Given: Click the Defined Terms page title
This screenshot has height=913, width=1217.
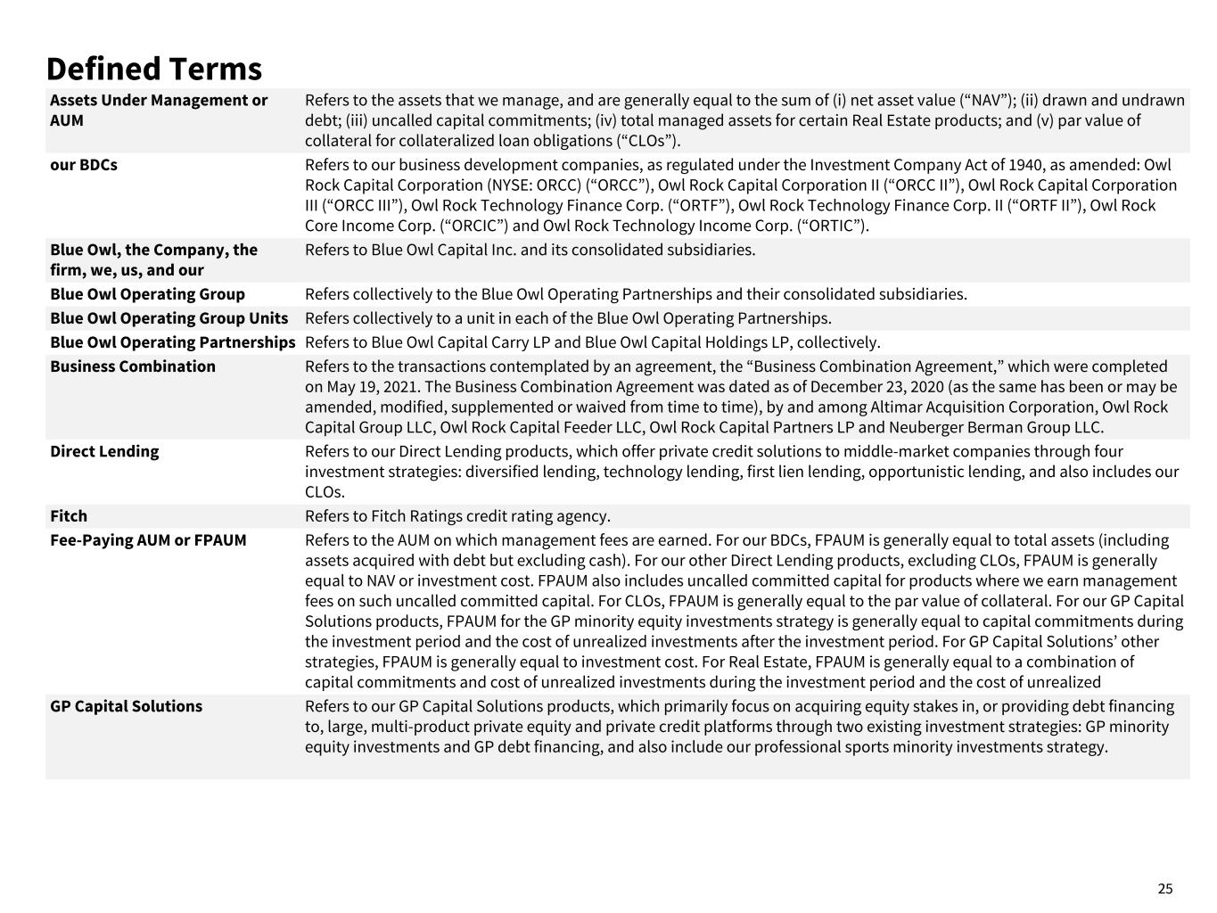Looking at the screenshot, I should [x=153, y=69].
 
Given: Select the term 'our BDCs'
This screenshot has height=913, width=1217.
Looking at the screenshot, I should [x=83, y=165].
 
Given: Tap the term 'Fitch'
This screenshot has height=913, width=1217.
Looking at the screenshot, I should [x=69, y=516].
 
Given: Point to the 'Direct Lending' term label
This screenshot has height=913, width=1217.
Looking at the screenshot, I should [x=104, y=451].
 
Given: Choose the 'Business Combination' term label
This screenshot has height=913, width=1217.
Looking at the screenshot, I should [x=132, y=366].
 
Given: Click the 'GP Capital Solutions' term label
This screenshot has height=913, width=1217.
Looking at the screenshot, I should [x=126, y=706].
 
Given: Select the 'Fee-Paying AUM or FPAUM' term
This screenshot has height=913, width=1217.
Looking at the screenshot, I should [x=148, y=540].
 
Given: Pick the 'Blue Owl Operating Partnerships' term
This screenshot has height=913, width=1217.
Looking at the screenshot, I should [x=172, y=342].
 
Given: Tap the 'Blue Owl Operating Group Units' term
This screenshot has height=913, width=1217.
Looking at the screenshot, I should [x=169, y=318].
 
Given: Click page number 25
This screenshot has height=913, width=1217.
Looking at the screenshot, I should [x=1165, y=889].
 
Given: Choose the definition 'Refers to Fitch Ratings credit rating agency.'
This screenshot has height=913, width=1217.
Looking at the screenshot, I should [x=457, y=516].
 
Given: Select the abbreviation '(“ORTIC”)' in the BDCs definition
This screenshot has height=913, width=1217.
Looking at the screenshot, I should [x=827, y=226].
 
